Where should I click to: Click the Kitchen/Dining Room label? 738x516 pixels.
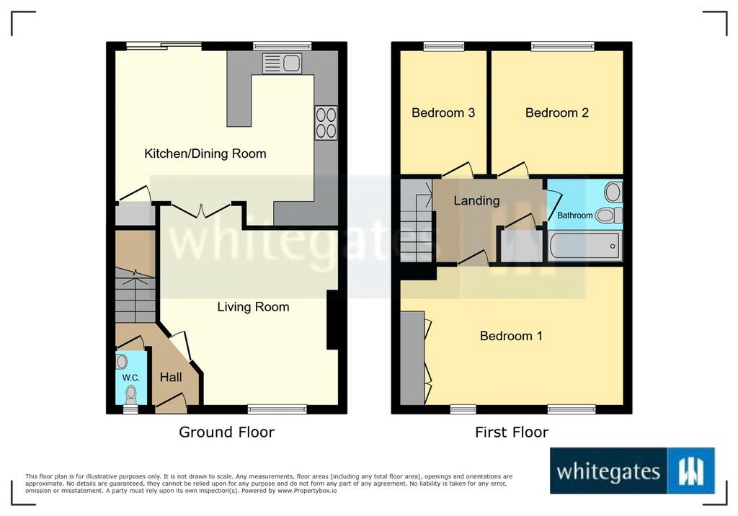click(x=205, y=154)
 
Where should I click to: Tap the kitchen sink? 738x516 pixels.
click(x=282, y=63)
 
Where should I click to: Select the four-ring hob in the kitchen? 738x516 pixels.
click(x=326, y=123)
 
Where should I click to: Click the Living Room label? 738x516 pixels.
click(x=253, y=307)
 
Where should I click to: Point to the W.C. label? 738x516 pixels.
click(x=131, y=378)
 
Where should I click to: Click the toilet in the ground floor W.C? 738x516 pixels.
click(x=131, y=394)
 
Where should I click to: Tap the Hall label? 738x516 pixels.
click(x=171, y=377)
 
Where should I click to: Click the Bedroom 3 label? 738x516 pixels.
click(x=443, y=112)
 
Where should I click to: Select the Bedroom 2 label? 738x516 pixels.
click(x=557, y=112)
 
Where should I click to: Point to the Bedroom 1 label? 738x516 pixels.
click(x=511, y=336)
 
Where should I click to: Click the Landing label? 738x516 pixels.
click(x=476, y=201)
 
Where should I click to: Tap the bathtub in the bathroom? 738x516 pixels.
click(x=585, y=246)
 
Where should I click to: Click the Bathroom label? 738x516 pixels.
click(x=574, y=215)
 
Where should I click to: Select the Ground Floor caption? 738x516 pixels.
click(x=226, y=432)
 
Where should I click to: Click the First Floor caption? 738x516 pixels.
click(x=512, y=432)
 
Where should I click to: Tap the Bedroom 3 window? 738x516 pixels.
click(x=443, y=46)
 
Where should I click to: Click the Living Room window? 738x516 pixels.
click(x=277, y=409)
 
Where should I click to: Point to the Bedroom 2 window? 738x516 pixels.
click(x=562, y=46)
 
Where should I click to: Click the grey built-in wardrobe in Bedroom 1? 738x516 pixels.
click(x=413, y=357)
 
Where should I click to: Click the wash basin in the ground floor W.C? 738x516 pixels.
click(x=122, y=362)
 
